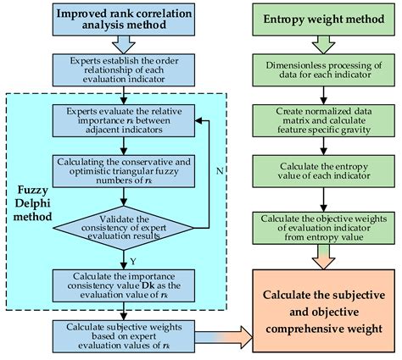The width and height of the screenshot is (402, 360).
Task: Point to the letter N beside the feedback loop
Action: click(x=219, y=169)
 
